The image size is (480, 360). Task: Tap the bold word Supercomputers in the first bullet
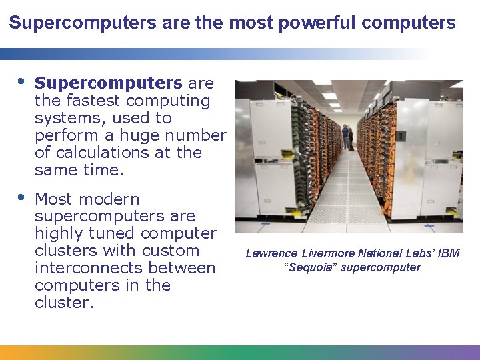click(x=108, y=83)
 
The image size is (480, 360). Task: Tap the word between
click(x=185, y=268)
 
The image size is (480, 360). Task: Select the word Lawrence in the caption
click(x=272, y=253)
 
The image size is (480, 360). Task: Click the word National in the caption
click(x=378, y=253)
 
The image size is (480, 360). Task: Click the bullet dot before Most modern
click(x=21, y=198)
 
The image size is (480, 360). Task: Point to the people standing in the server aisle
click(x=347, y=137)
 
